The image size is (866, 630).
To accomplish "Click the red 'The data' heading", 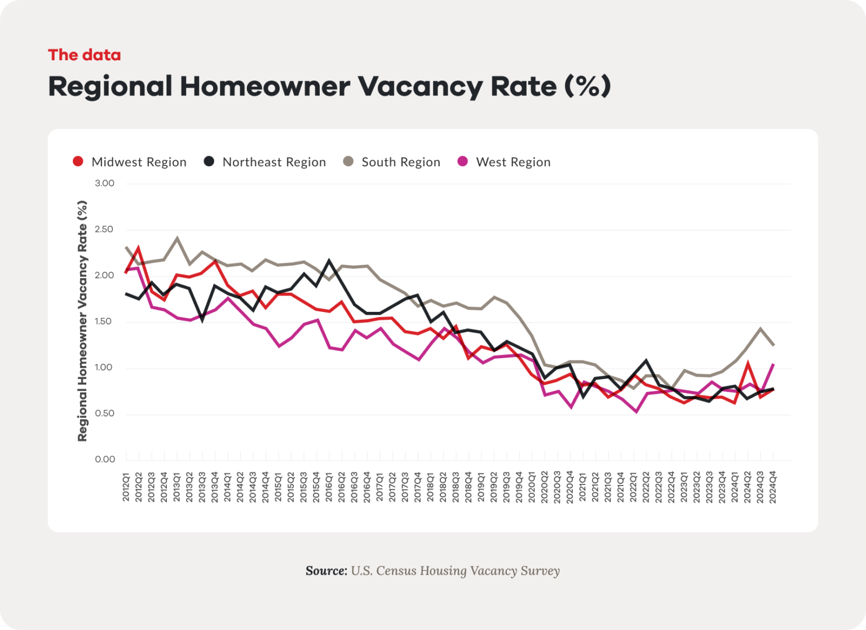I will tap(84, 55).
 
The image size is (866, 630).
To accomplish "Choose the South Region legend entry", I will tap(392, 162).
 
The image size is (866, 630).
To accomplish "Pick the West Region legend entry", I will tap(504, 162).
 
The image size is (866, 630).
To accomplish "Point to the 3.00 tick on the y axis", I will tap(104, 183).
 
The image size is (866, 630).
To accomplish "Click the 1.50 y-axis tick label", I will tap(104, 321).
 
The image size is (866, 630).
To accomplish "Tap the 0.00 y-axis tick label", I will tap(104, 459).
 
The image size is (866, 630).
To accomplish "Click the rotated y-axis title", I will tap(82, 321).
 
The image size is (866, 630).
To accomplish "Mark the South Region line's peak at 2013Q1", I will tap(178, 238).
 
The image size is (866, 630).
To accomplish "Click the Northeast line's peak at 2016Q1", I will tap(329, 261).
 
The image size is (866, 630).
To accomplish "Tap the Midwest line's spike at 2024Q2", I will tap(748, 364).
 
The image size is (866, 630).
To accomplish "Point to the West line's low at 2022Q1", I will tap(637, 412).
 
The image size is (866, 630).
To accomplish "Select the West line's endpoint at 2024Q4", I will tap(773, 364).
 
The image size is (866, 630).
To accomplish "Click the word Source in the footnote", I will tap(326, 571).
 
